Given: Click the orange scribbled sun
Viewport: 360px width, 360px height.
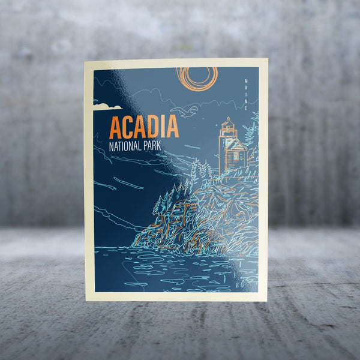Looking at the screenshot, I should [x=197, y=78].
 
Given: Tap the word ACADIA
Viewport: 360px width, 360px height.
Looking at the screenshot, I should [x=144, y=127].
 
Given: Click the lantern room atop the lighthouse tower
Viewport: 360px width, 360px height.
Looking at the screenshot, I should [x=227, y=124].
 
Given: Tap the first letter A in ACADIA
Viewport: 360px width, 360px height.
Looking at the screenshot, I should [x=116, y=127].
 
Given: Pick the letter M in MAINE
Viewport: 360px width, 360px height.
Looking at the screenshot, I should [x=246, y=81].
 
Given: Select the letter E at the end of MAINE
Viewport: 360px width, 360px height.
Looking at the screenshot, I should [x=246, y=107].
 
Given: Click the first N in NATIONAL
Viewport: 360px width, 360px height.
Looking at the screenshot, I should [x=111, y=146].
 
